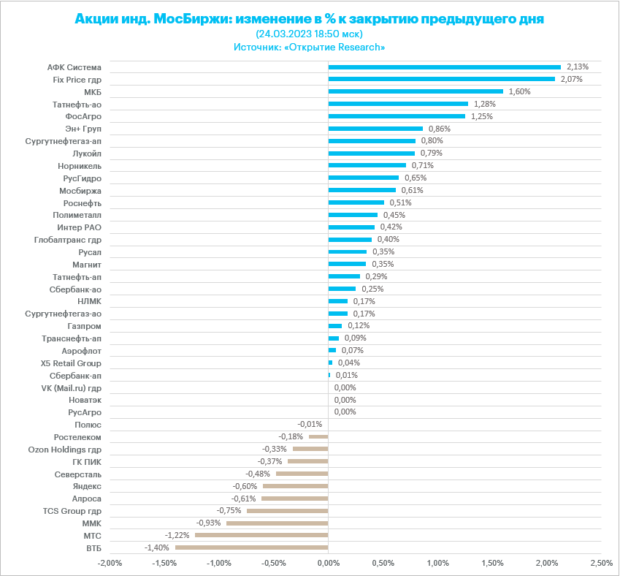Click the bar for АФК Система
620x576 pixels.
pos(444,67)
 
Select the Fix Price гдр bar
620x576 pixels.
pos(441,79)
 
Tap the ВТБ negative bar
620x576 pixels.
pos(251,547)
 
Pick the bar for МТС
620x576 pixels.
pos(261,535)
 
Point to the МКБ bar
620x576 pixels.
pos(416,91)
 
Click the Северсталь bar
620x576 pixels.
pos(302,474)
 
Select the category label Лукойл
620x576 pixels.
pos(87,154)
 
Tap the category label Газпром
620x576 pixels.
pos(85,326)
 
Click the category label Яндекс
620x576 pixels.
pos(87,486)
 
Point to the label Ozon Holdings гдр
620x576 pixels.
pos(64,450)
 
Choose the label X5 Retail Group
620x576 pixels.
pos(71,363)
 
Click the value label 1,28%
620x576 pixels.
pos(485,104)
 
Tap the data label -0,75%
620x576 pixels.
pos(229,510)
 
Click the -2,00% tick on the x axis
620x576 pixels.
pos(110,564)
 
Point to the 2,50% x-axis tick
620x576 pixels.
pos(601,564)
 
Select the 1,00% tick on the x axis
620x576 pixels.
pos(437,564)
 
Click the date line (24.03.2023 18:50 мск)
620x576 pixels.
pos(310,34)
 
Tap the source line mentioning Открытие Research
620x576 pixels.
pos(310,47)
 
